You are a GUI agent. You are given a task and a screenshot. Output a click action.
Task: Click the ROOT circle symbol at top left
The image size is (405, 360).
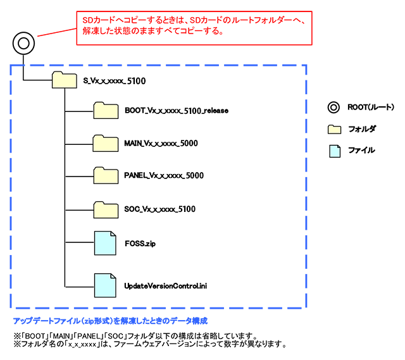tap(23, 44)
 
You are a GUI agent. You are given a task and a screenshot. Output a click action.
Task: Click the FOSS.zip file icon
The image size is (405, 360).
tap(105, 242)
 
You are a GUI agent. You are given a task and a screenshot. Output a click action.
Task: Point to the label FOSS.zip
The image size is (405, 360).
tap(140, 242)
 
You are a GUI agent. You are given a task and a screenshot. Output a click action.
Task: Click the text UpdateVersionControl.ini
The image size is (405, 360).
tap(166, 286)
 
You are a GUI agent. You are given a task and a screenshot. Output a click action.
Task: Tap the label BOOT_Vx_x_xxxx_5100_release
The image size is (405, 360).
tap(177, 111)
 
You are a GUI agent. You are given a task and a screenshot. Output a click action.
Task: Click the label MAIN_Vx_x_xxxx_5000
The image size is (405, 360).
tap(161, 143)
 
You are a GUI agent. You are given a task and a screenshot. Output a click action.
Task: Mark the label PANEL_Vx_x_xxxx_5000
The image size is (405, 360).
tap(164, 175)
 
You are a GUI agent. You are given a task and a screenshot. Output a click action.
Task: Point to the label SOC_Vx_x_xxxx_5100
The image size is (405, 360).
tap(160, 208)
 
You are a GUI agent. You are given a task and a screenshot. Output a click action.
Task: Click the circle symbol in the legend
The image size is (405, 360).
tap(333, 107)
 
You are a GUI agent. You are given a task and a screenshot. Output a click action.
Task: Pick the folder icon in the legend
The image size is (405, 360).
tap(334, 128)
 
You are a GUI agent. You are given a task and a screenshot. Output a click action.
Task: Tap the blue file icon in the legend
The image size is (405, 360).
tap(334, 150)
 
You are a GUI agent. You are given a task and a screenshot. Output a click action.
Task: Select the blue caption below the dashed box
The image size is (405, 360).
tap(110, 321)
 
